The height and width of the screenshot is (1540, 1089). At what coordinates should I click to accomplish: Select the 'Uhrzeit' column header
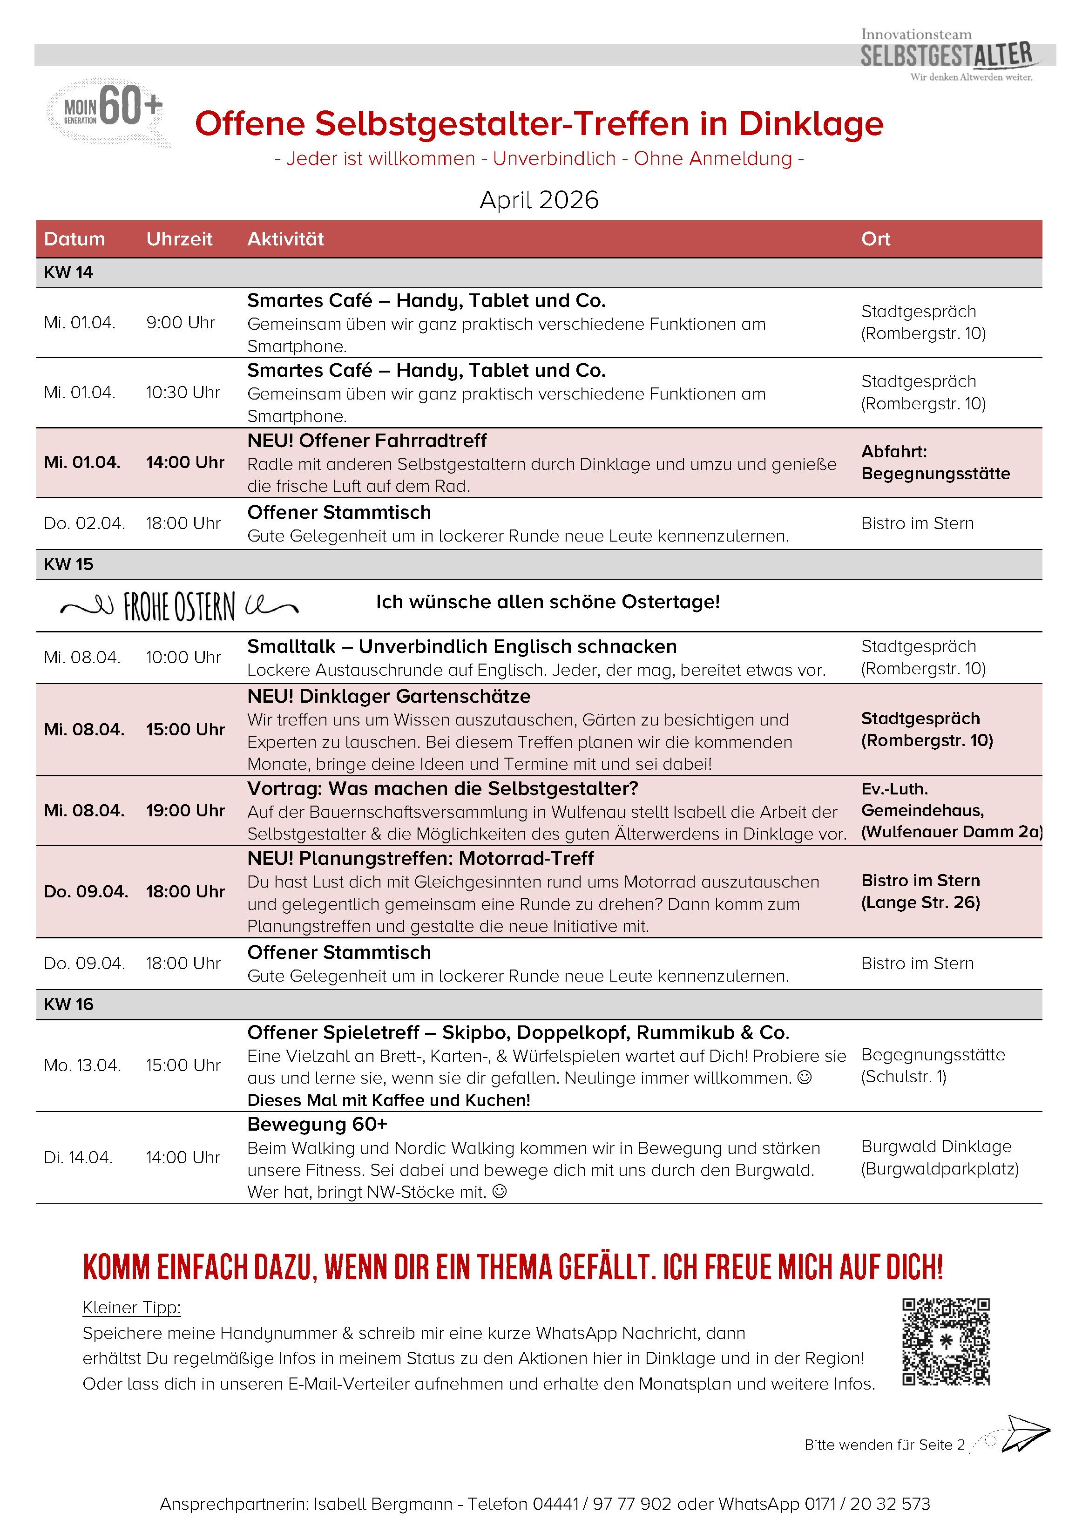coord(179,239)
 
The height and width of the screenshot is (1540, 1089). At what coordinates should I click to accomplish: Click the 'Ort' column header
coord(875,239)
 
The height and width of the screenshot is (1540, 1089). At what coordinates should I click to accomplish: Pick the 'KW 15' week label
coord(68,564)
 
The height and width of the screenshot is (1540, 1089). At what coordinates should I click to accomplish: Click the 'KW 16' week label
coord(68,1004)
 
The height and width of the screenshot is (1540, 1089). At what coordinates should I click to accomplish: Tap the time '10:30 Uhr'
coord(183,393)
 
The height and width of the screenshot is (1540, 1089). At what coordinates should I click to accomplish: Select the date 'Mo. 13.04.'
coord(82,1065)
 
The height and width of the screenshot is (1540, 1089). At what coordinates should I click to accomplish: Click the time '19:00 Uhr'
coord(185,810)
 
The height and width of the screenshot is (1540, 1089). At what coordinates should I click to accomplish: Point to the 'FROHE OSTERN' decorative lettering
coord(180,606)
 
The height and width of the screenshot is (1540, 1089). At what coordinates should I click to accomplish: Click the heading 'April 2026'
coord(539,200)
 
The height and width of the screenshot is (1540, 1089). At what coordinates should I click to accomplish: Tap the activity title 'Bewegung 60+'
coord(317,1124)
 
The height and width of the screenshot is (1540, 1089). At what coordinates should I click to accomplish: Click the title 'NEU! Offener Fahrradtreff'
coord(367,441)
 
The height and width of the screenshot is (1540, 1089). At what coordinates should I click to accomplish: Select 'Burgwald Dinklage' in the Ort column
coord(936,1147)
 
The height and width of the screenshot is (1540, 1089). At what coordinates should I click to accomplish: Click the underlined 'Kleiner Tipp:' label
coord(131,1307)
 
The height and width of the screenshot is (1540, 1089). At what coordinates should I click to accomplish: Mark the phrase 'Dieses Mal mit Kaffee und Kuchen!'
coord(389,1100)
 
